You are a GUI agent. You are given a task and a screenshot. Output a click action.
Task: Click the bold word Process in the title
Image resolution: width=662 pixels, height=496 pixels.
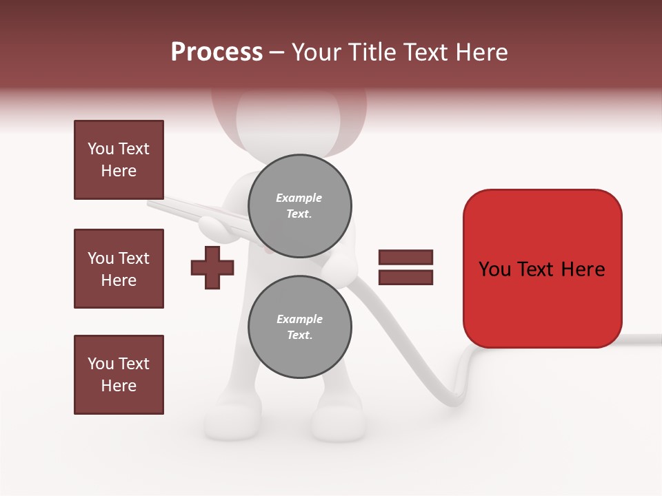(217, 52)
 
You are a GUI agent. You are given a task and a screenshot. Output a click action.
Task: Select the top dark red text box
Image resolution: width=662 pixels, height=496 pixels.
(119, 160)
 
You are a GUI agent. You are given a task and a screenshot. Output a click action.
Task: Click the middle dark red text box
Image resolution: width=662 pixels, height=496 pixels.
(119, 269)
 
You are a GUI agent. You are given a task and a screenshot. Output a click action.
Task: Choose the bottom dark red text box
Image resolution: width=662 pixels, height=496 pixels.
(119, 375)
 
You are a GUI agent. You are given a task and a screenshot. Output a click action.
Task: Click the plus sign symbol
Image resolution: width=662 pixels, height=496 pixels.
(212, 267)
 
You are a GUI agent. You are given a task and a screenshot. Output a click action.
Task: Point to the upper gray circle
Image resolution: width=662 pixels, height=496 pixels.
(299, 205)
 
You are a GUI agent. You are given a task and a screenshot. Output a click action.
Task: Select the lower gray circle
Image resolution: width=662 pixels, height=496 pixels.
(299, 327)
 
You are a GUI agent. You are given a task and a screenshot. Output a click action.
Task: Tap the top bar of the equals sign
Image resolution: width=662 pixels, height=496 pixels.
(405, 257)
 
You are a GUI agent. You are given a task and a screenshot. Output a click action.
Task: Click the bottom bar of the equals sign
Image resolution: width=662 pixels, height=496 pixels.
(405, 277)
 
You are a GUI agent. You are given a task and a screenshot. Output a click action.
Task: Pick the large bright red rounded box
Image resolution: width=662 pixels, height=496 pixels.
(542, 269)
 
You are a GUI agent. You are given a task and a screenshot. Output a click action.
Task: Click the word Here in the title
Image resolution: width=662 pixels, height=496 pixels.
(480, 52)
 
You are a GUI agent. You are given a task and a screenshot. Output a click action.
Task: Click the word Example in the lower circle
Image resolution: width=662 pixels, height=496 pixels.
(299, 319)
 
